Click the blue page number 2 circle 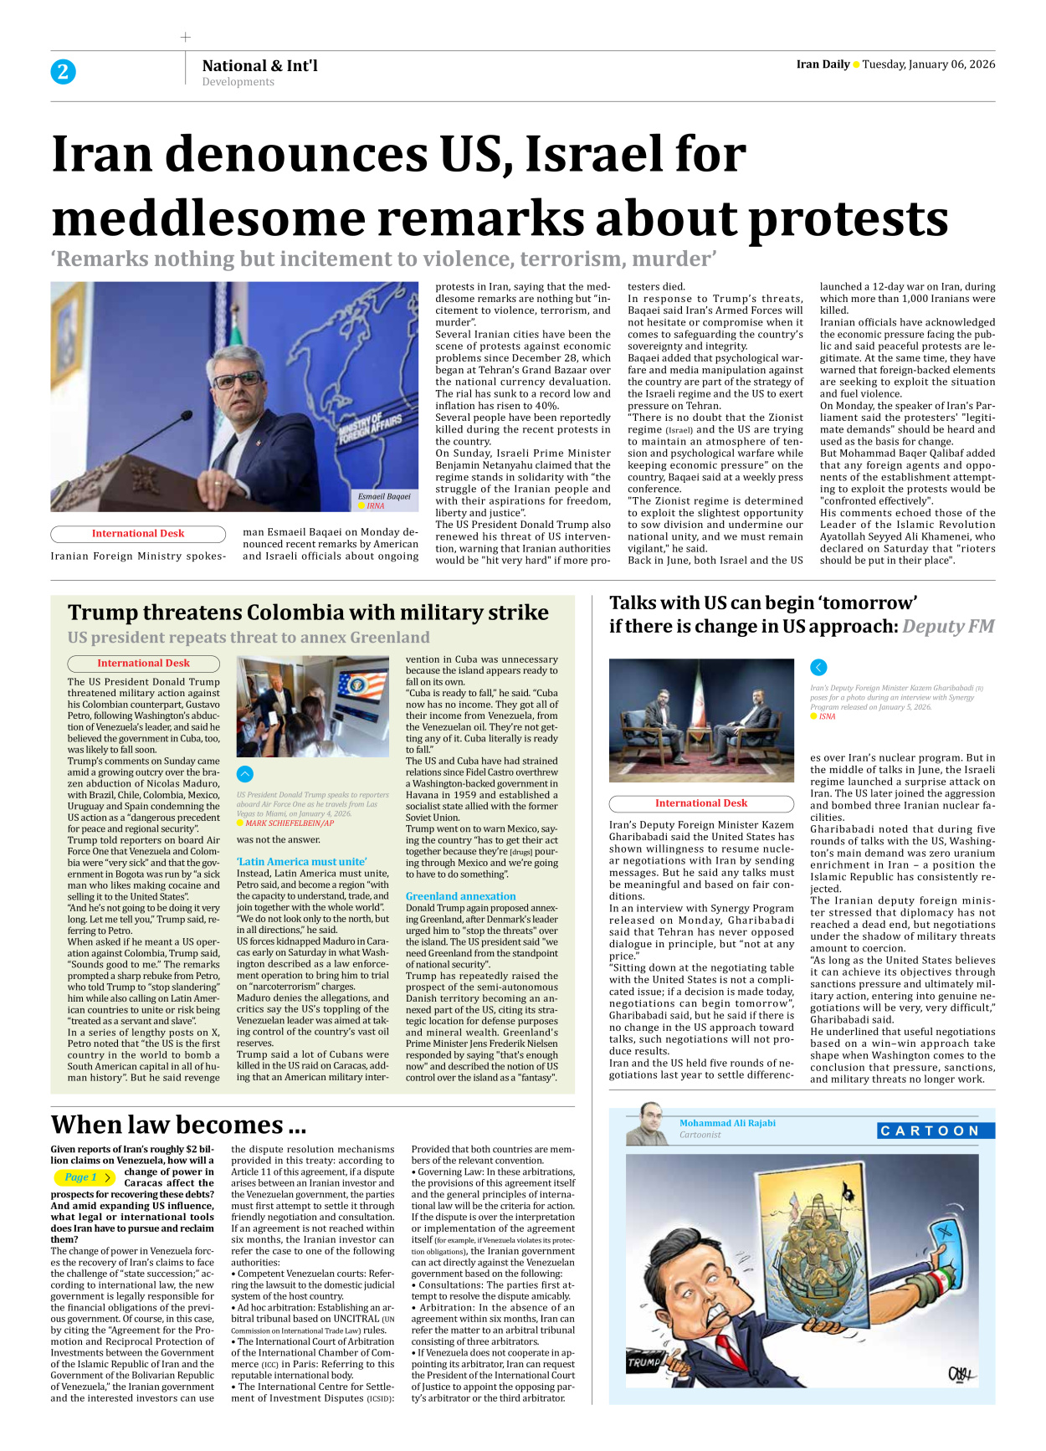[x=63, y=72]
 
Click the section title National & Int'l [x=259, y=65]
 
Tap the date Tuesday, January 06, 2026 [x=928, y=64]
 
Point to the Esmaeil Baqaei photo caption [x=384, y=496]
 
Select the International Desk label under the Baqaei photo [x=138, y=533]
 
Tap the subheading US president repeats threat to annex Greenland [x=249, y=638]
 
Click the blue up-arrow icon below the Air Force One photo [x=245, y=774]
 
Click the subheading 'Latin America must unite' [x=301, y=861]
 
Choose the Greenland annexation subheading [x=460, y=896]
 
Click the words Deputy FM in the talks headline [x=948, y=626]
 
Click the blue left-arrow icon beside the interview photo [x=818, y=667]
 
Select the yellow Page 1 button [x=83, y=1177]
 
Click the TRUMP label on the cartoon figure [x=644, y=1361]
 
